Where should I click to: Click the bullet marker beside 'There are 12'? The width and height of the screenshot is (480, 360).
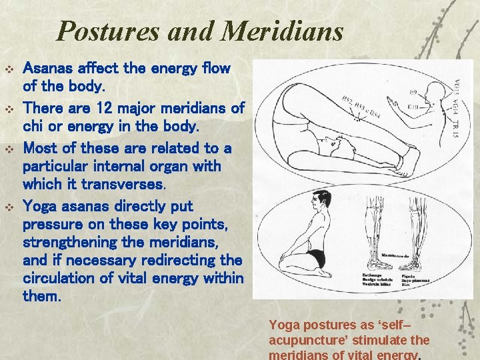pyautogui.click(x=9, y=108)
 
